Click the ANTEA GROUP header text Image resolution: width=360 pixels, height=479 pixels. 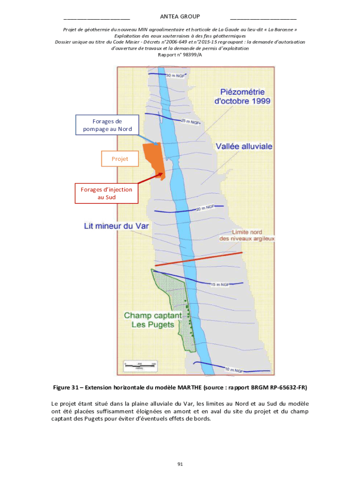tap(180, 17)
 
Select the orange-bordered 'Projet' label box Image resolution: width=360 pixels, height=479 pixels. tap(120, 159)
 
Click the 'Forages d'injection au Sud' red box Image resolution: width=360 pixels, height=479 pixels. tap(107, 193)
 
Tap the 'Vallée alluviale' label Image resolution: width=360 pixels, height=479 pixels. tap(244, 146)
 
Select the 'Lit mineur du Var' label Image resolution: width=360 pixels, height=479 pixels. tap(116, 226)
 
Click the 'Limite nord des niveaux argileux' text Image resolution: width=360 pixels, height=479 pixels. tap(247, 235)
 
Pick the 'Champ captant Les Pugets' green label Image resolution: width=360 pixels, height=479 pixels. tap(152, 320)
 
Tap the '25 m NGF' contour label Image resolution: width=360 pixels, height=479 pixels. tap(190, 122)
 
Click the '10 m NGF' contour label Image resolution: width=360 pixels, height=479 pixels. tap(234, 370)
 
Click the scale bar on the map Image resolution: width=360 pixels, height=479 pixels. tap(139, 365)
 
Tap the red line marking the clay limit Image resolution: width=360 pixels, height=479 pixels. tap(198, 259)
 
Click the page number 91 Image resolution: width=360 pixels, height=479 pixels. tap(180, 464)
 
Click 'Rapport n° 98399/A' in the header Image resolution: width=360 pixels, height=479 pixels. tap(180, 55)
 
